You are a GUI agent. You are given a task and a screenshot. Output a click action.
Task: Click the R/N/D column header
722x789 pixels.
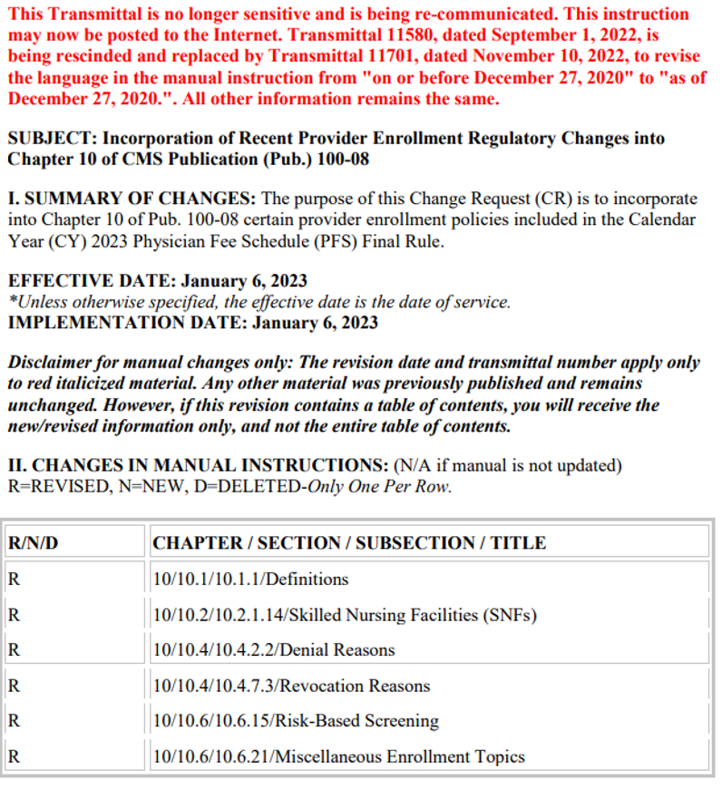[34, 543]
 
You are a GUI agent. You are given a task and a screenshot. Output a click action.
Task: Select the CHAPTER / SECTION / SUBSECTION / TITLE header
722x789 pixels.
[349, 543]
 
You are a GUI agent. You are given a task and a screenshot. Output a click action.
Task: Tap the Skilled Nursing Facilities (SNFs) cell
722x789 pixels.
[345, 615]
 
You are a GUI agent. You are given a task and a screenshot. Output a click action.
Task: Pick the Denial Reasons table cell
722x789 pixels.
[274, 650]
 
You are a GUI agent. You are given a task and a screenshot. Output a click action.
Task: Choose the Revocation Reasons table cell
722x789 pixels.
[291, 686]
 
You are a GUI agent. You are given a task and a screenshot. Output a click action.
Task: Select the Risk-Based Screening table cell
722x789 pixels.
[296, 721]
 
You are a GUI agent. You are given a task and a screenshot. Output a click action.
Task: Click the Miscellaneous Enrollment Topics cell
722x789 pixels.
[338, 756]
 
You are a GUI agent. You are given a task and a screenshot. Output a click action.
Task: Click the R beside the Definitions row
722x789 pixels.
[14, 579]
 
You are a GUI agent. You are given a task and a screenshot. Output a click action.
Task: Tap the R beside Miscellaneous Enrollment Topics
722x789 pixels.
[14, 756]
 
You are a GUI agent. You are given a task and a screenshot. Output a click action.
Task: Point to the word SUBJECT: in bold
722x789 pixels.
[52, 139]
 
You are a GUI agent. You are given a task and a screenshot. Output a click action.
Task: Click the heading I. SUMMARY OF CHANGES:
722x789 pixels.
[132, 199]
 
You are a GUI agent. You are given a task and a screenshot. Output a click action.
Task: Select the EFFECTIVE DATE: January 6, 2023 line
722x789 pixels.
[157, 281]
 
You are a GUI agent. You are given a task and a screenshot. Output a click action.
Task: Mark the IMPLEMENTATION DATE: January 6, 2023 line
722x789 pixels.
[192, 322]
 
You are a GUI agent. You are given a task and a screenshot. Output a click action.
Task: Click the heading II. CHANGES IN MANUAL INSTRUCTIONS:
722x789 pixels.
[197, 466]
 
